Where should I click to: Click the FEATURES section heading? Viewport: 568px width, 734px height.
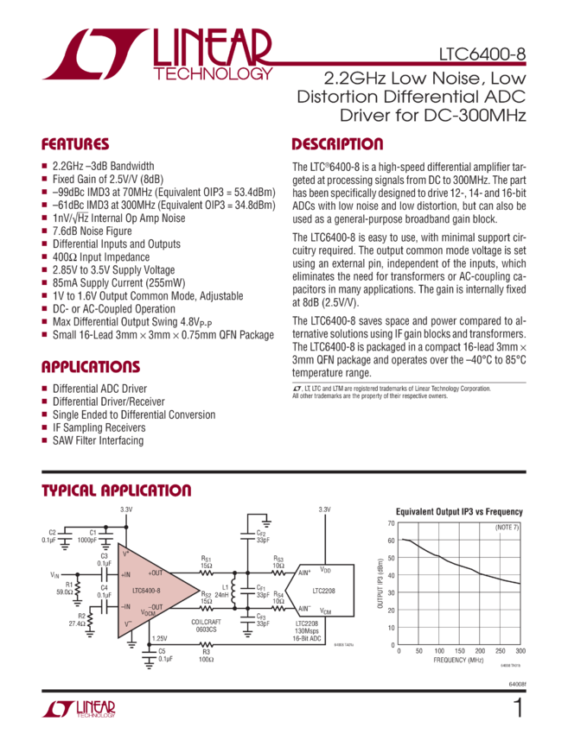click(x=75, y=144)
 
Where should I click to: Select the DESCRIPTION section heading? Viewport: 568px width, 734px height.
click(x=336, y=144)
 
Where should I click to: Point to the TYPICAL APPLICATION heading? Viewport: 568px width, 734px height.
click(x=117, y=490)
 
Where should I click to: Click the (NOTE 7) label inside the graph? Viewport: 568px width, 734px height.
click(x=506, y=527)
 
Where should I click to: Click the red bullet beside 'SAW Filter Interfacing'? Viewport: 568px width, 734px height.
click(x=45, y=440)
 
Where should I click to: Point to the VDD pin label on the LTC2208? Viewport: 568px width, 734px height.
click(x=325, y=571)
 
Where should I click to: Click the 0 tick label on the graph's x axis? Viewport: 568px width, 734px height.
click(x=395, y=648)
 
